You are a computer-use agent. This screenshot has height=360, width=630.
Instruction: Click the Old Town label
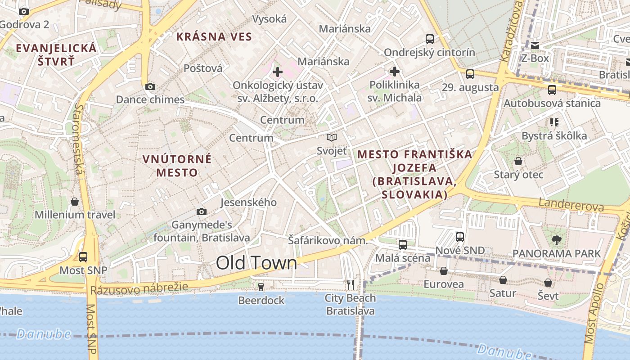[256, 263]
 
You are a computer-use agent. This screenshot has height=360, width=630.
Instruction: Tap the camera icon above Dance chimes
[150, 86]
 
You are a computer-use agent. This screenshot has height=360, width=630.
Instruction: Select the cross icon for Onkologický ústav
[278, 72]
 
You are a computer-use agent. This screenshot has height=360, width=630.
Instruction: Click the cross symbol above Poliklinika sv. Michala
[395, 71]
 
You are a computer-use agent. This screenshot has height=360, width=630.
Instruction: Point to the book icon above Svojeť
[332, 137]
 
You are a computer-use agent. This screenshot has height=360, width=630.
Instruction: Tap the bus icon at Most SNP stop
[83, 257]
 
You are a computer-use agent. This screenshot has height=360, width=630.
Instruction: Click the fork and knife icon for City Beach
[351, 284]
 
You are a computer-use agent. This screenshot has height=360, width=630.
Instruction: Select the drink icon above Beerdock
[261, 287]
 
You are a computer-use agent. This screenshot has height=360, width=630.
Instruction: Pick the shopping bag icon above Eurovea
[444, 271]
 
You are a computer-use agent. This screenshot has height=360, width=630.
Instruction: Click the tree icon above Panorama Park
[557, 240]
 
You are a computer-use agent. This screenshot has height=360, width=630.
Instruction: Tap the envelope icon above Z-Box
[535, 45]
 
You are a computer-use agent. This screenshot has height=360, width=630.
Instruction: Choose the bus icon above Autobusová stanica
[552, 90]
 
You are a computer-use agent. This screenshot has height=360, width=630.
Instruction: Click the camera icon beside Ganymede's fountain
[202, 211]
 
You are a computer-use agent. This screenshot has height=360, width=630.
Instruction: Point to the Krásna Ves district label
[214, 37]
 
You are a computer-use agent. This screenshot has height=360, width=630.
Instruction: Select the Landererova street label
[571, 205]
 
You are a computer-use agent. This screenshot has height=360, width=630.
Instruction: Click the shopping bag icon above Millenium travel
[75, 201]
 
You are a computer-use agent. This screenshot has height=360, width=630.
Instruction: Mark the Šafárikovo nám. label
[328, 241]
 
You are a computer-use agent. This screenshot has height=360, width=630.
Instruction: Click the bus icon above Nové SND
[460, 237]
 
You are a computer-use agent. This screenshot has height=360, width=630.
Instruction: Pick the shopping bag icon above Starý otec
[518, 161]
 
